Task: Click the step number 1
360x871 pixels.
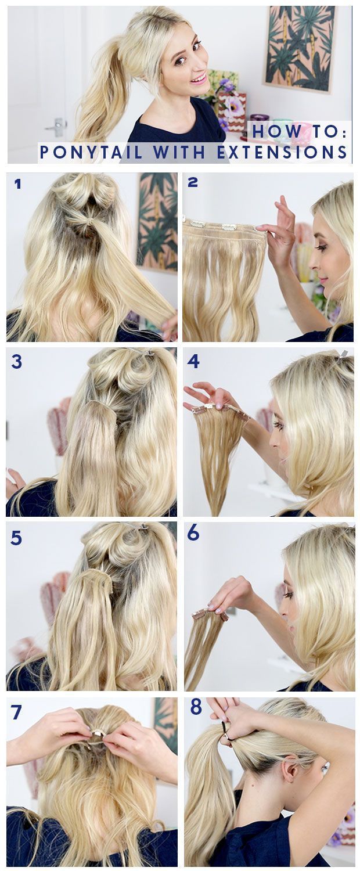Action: point(17,183)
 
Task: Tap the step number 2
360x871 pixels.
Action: point(192,182)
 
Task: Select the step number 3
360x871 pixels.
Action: point(16,362)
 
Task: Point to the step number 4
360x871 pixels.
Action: point(193,361)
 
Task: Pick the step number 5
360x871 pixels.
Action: point(16,538)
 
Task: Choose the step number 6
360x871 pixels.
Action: point(193,534)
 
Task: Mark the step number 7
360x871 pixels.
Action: point(16,712)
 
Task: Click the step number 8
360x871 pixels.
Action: point(196,708)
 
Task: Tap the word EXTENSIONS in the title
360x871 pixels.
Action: point(282,152)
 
